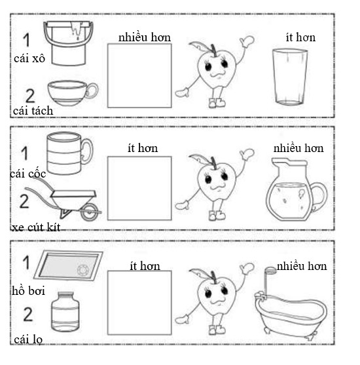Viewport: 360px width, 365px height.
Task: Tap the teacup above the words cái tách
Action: (x=71, y=92)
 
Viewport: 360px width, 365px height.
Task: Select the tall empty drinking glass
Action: (x=290, y=77)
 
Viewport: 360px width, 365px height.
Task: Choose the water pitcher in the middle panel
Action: (x=293, y=193)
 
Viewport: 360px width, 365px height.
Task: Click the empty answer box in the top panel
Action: (x=139, y=75)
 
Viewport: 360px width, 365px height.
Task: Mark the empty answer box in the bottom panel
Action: (x=139, y=303)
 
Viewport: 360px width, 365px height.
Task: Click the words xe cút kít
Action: (x=39, y=227)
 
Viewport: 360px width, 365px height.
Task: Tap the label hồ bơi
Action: (x=28, y=290)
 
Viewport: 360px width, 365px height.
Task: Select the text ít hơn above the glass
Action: (x=300, y=37)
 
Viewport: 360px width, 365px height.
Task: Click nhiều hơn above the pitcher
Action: (x=298, y=148)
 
